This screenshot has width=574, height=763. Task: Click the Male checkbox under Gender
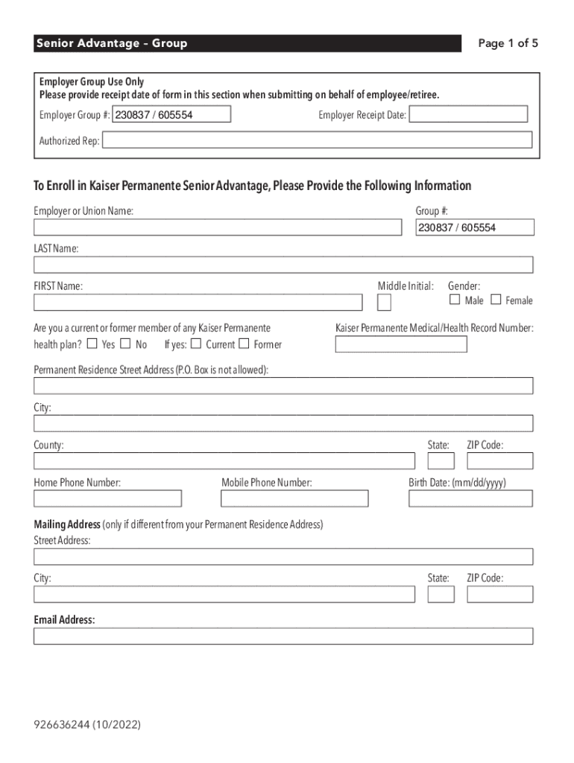tap(455, 300)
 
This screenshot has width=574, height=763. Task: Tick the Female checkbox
tap(496, 300)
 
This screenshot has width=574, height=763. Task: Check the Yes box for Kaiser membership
tap(92, 344)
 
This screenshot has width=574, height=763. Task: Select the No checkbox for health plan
tap(125, 344)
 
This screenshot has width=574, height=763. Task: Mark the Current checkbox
tap(195, 344)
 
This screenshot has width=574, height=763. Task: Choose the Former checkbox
tap(244, 344)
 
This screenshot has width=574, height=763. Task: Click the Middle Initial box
tap(384, 302)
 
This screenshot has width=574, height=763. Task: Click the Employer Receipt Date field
tap(468, 114)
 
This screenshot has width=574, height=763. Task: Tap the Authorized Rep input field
tap(317, 140)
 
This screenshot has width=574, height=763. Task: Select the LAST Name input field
tap(283, 265)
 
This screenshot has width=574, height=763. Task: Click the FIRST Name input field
tap(198, 302)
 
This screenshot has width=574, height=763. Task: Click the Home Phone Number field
tap(107, 498)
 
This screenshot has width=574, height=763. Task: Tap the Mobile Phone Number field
tap(294, 498)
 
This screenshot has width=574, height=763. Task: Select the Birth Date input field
tap(470, 498)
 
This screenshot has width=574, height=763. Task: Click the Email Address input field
tap(283, 636)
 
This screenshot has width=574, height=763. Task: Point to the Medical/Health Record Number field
tap(401, 344)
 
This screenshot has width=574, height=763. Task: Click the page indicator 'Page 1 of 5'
tap(508, 43)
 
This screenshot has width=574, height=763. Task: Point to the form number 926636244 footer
tap(87, 724)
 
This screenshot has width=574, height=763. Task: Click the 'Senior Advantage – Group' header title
tap(112, 43)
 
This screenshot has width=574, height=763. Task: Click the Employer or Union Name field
tap(217, 227)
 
